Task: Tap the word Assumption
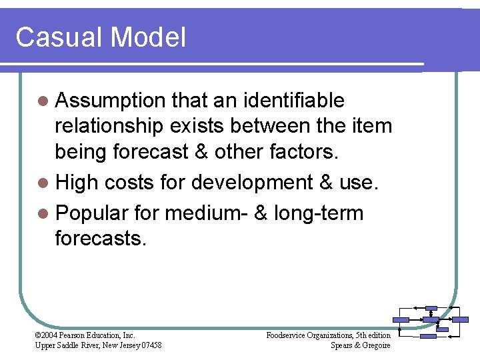click(x=111, y=101)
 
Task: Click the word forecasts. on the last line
click(x=100, y=239)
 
